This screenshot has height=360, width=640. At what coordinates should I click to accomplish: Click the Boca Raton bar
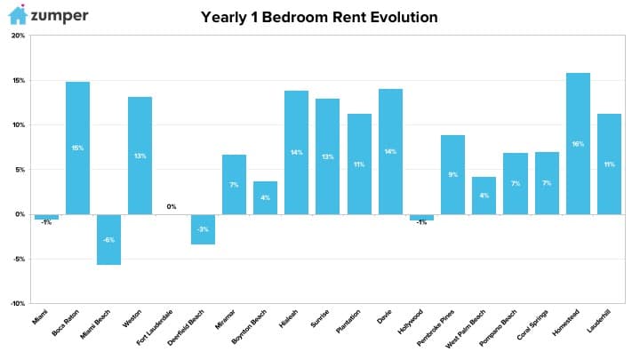click(x=77, y=148)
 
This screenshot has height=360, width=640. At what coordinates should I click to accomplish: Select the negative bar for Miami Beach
click(x=108, y=240)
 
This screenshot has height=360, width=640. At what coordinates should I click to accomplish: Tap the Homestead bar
click(x=578, y=144)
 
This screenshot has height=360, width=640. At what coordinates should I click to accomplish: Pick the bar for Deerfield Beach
click(x=203, y=229)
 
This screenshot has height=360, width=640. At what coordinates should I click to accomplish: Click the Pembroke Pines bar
click(x=452, y=175)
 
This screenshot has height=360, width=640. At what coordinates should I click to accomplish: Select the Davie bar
click(x=390, y=151)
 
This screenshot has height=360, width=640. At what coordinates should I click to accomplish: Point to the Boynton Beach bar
click(x=265, y=198)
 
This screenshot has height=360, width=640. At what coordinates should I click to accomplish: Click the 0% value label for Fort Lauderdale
click(x=172, y=206)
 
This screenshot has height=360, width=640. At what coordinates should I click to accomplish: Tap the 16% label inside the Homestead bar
click(x=578, y=144)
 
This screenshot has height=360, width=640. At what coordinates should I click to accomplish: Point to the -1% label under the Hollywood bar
click(x=421, y=222)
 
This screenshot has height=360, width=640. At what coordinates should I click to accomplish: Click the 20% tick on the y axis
click(x=18, y=36)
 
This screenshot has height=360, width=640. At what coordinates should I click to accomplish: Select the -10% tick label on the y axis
click(x=18, y=303)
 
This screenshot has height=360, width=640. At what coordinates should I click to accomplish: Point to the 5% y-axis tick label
click(x=20, y=170)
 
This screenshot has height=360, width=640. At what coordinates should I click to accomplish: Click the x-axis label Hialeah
click(x=289, y=318)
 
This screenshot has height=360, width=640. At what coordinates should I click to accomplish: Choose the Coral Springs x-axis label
click(x=532, y=325)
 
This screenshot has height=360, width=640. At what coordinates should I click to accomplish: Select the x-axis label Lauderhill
click(x=599, y=321)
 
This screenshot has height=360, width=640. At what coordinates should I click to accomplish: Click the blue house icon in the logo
click(x=18, y=15)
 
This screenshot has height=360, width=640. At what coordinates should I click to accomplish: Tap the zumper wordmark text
click(x=60, y=16)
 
